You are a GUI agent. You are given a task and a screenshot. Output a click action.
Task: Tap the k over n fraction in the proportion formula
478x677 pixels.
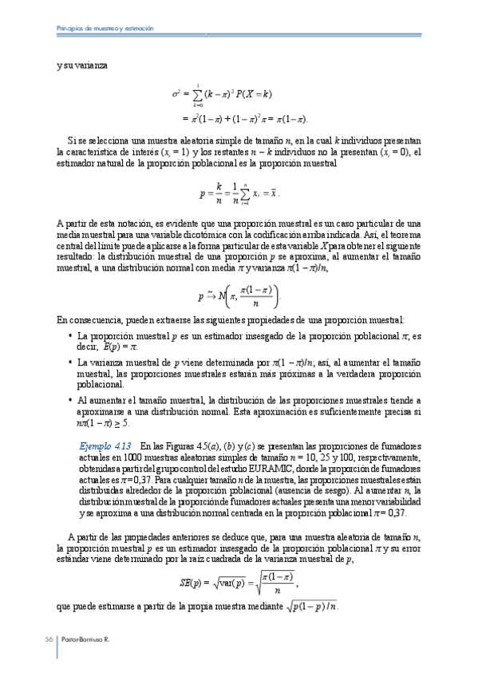pos(218,192)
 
